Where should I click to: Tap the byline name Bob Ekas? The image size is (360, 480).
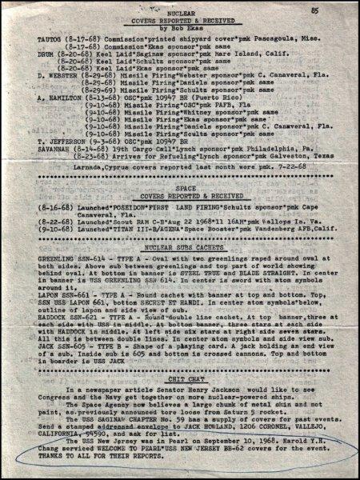(183, 34)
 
